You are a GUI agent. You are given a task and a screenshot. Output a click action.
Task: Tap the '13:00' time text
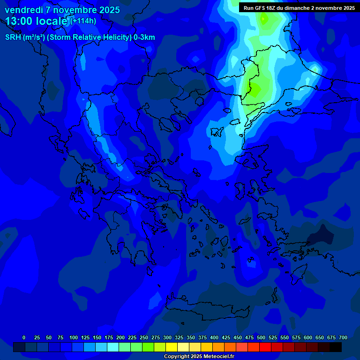point(20,21)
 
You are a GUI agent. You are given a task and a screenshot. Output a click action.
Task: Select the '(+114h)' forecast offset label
point(83,21)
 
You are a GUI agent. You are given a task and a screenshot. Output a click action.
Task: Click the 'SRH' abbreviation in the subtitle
point(13,37)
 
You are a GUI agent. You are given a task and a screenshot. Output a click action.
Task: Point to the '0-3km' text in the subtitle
point(144,37)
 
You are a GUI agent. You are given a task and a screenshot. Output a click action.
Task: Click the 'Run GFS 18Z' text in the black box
point(261,8)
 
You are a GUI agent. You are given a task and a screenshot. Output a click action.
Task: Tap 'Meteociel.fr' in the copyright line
point(218,357)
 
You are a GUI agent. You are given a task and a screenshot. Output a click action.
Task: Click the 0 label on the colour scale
point(24,337)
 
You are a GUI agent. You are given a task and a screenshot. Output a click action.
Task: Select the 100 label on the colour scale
point(73,337)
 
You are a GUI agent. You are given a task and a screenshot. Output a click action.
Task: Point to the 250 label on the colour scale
point(143,337)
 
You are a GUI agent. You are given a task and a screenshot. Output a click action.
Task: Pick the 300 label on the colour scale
point(167,337)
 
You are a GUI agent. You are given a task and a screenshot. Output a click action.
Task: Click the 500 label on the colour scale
point(261,337)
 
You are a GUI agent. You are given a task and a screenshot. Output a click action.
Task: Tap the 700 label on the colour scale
point(343,337)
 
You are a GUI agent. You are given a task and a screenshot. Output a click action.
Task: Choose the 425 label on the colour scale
point(226,337)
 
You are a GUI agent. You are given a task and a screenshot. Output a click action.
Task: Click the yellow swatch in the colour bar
point(172,347)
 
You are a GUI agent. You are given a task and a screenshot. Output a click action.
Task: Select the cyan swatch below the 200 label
point(113,347)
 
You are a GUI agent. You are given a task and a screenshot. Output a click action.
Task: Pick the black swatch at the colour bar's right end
point(336,347)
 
